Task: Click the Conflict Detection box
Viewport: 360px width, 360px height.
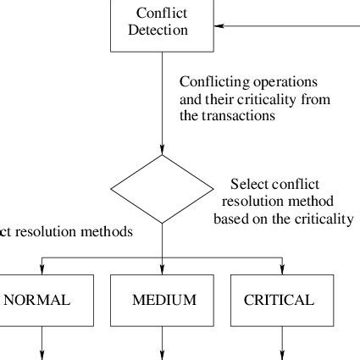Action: coord(162,24)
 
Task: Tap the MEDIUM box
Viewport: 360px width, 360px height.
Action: coord(162,300)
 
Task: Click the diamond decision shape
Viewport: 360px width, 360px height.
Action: coord(162,197)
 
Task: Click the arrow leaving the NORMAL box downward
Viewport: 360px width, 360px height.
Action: coord(42,343)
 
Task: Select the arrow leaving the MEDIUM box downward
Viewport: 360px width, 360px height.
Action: coord(162,343)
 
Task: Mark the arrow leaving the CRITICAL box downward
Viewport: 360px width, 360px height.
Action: coord(282,343)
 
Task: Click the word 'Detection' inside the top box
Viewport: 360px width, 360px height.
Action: coord(162,30)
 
